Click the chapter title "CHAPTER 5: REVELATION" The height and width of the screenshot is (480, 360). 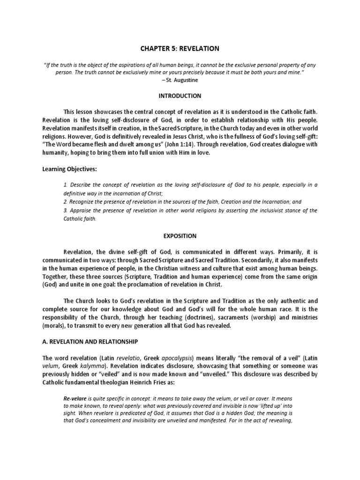point(180,48)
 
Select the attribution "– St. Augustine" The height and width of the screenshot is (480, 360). point(180,80)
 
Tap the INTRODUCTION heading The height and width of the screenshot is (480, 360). point(180,96)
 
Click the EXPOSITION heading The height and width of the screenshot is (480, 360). point(180,236)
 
